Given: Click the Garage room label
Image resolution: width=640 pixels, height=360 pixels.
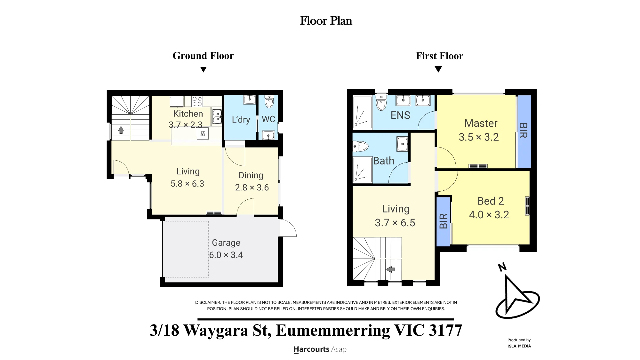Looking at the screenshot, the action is coord(226,243).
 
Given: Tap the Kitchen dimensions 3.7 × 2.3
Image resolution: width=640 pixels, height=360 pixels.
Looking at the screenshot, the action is coord(186,125).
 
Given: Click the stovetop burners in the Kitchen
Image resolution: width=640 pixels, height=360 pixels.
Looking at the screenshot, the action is coord(197,101).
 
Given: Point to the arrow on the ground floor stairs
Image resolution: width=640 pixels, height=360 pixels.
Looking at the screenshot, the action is coord(121,130).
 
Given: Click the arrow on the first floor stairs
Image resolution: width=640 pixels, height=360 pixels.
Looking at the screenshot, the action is coord(390,269).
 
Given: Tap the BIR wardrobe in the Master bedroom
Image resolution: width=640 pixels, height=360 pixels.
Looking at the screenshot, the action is coord(524,131).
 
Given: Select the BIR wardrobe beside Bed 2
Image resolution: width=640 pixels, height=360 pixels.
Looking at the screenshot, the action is coord(443,221).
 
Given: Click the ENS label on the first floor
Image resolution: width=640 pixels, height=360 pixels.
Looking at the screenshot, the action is coord(400,115).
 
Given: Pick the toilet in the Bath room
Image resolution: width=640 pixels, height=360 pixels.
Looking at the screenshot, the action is coord(360,147).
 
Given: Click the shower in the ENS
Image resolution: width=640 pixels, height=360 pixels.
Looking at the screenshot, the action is coord(363,112).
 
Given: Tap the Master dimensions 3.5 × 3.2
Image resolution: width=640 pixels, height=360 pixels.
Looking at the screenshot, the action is coord(479,137).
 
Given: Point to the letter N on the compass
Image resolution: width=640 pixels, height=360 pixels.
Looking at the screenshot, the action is coord(502,267).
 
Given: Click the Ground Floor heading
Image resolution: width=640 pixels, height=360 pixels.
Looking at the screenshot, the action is coord(203,56).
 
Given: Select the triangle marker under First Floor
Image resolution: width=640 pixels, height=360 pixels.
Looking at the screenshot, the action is coord(438,69).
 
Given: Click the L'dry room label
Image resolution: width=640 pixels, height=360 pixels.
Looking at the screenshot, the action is coord(241,120).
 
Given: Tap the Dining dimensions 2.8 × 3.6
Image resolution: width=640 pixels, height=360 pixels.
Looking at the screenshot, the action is coord(252,188).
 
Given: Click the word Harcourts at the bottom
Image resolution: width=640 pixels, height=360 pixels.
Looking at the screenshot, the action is coord(311,349).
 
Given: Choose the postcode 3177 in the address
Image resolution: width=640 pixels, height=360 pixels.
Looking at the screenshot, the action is coord(445,330).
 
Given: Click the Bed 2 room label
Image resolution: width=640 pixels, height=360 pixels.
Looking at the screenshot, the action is coord(491,201).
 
